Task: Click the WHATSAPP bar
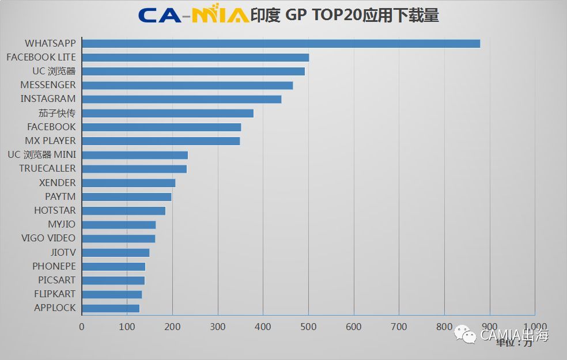coord(281,43)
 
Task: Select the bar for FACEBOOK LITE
coord(195,57)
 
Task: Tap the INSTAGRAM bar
coord(182,99)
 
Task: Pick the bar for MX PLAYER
coord(161,141)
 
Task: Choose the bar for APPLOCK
coord(111,308)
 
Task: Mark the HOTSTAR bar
coord(123,211)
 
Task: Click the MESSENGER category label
coord(48,85)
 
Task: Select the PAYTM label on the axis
coord(60,196)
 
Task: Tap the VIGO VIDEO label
coord(48,238)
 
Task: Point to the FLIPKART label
coord(55,294)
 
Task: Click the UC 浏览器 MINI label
coord(41,155)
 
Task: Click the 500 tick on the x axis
coord(308,327)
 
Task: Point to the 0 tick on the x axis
coord(82,327)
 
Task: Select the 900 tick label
coord(489,327)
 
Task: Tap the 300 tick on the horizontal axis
coord(218,327)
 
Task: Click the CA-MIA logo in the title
coord(194,15)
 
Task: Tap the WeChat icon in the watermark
coord(464,334)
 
